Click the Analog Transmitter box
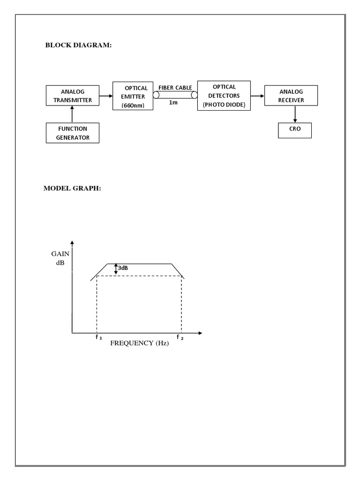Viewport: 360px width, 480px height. point(73,96)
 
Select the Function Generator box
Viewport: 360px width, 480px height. point(73,133)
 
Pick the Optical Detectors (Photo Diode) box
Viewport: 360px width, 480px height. point(224,96)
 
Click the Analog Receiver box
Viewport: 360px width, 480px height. point(291,96)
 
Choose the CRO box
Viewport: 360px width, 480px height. point(295,130)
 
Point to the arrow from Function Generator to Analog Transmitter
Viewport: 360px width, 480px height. point(72,114)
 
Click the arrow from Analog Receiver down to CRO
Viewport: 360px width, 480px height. point(295,114)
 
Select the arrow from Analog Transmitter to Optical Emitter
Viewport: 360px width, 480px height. point(106,96)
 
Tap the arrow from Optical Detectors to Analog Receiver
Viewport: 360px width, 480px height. point(257,96)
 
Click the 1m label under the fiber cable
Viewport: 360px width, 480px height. point(173,103)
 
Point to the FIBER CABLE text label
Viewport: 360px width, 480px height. point(175,87)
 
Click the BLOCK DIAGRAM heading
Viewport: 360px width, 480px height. point(78,45)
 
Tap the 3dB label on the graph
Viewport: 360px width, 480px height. point(123,268)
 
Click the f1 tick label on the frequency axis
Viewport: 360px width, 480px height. point(98,337)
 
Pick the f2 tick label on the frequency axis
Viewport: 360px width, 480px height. point(180,337)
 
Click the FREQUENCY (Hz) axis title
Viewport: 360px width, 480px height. point(139,343)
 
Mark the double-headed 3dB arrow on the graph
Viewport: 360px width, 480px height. point(116,269)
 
